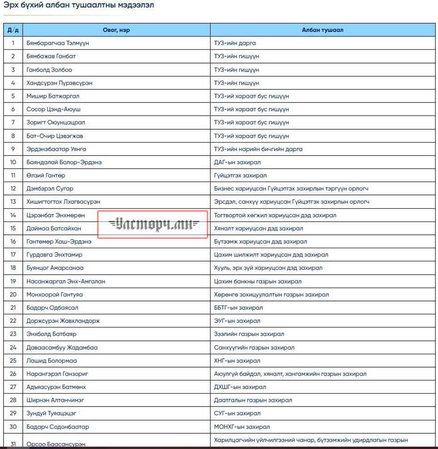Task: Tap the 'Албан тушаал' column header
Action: tap(322, 30)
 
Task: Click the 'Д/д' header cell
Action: tap(13, 30)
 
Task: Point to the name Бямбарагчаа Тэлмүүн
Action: tap(55, 43)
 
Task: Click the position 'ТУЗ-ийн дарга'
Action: tap(235, 43)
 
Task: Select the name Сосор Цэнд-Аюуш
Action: tap(53, 109)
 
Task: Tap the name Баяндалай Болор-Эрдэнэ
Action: tap(64, 162)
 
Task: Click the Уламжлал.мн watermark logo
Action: tap(153, 224)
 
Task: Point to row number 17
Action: tap(13, 254)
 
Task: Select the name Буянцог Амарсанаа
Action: tap(55, 268)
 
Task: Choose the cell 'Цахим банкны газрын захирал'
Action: tap(257, 281)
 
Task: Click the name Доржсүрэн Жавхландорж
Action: tap(63, 321)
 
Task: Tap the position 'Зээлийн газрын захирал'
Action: tap(249, 334)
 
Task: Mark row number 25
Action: tap(13, 360)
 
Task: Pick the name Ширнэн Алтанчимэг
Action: tap(55, 400)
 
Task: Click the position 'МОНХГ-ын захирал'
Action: tap(242, 427)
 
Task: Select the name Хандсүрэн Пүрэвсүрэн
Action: tap(59, 83)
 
